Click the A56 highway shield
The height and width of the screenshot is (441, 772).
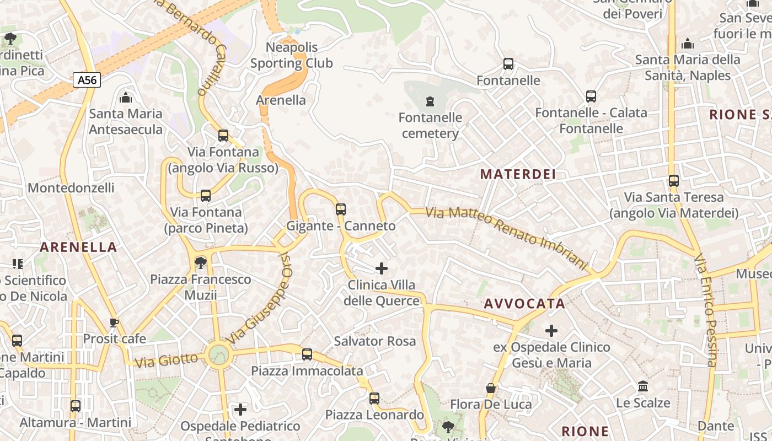(x=87, y=80)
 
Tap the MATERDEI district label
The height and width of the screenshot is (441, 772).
(x=518, y=174)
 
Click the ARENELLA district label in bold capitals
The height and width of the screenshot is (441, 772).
(x=78, y=247)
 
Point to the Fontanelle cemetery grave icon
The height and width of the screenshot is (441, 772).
(x=430, y=101)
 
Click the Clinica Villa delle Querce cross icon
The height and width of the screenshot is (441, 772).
(x=381, y=268)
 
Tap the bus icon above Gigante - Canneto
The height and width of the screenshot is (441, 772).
(x=341, y=209)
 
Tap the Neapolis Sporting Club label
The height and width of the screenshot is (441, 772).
(x=292, y=55)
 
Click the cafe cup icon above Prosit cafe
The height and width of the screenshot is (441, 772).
(x=114, y=322)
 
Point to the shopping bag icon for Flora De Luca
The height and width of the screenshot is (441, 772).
(x=491, y=388)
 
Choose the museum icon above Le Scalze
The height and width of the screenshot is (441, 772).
(x=643, y=386)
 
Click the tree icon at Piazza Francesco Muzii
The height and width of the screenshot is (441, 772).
(x=201, y=263)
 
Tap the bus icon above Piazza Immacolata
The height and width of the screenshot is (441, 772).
(x=307, y=354)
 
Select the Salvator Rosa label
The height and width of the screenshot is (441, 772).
(x=375, y=341)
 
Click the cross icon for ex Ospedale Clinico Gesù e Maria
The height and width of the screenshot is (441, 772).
(x=551, y=331)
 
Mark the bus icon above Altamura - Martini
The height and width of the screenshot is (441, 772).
(x=76, y=406)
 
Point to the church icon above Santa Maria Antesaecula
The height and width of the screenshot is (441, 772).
(x=126, y=98)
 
